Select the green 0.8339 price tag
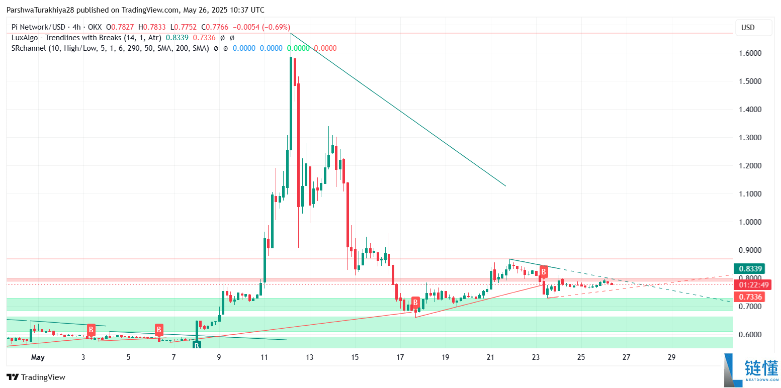(x=748, y=268)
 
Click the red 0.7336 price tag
(x=748, y=297)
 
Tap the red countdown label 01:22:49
(x=748, y=285)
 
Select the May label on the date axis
(x=38, y=357)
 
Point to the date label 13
(x=309, y=357)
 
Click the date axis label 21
(x=490, y=357)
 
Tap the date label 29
(x=671, y=357)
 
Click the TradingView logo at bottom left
(x=36, y=377)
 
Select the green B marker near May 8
(x=197, y=345)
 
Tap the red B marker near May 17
(x=415, y=303)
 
